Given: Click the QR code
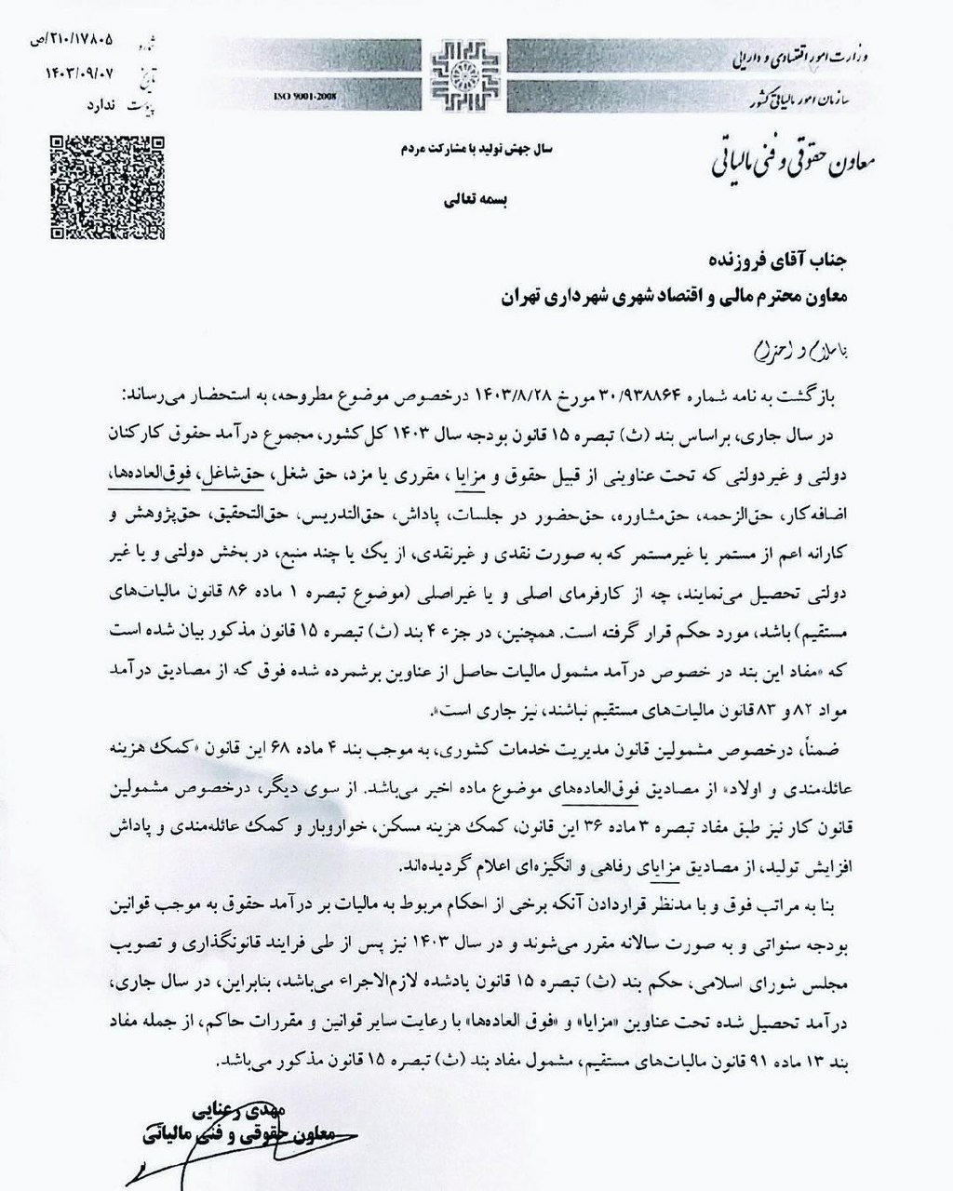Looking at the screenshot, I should coord(108,185).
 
